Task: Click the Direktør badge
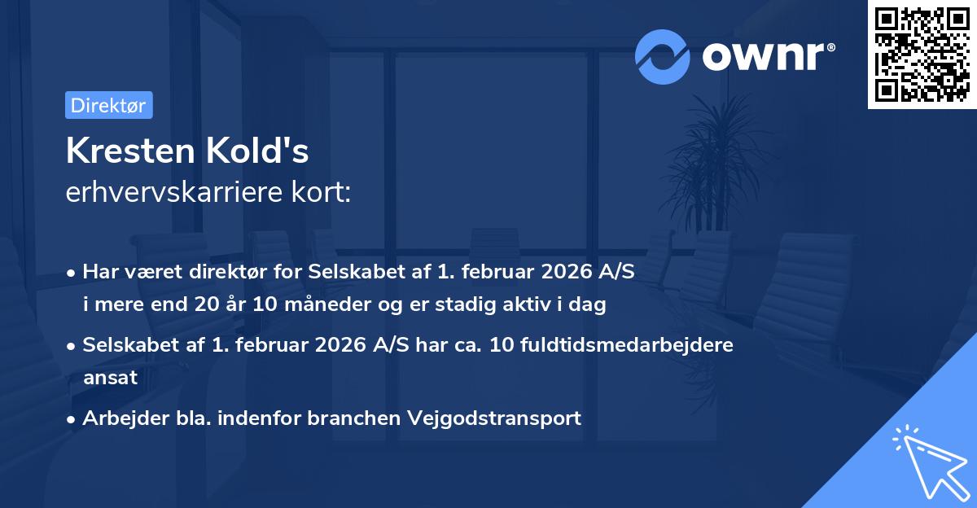click(108, 105)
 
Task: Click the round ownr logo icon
click(662, 56)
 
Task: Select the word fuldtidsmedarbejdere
click(632, 345)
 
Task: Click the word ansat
click(110, 378)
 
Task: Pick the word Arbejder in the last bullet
click(117, 418)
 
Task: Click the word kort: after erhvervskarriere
click(322, 194)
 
